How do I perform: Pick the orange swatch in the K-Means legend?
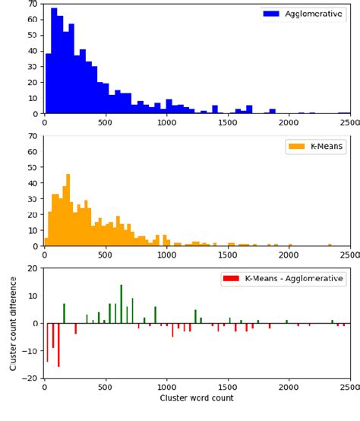[x=295, y=146]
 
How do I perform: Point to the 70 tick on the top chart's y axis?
[x=33, y=4]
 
